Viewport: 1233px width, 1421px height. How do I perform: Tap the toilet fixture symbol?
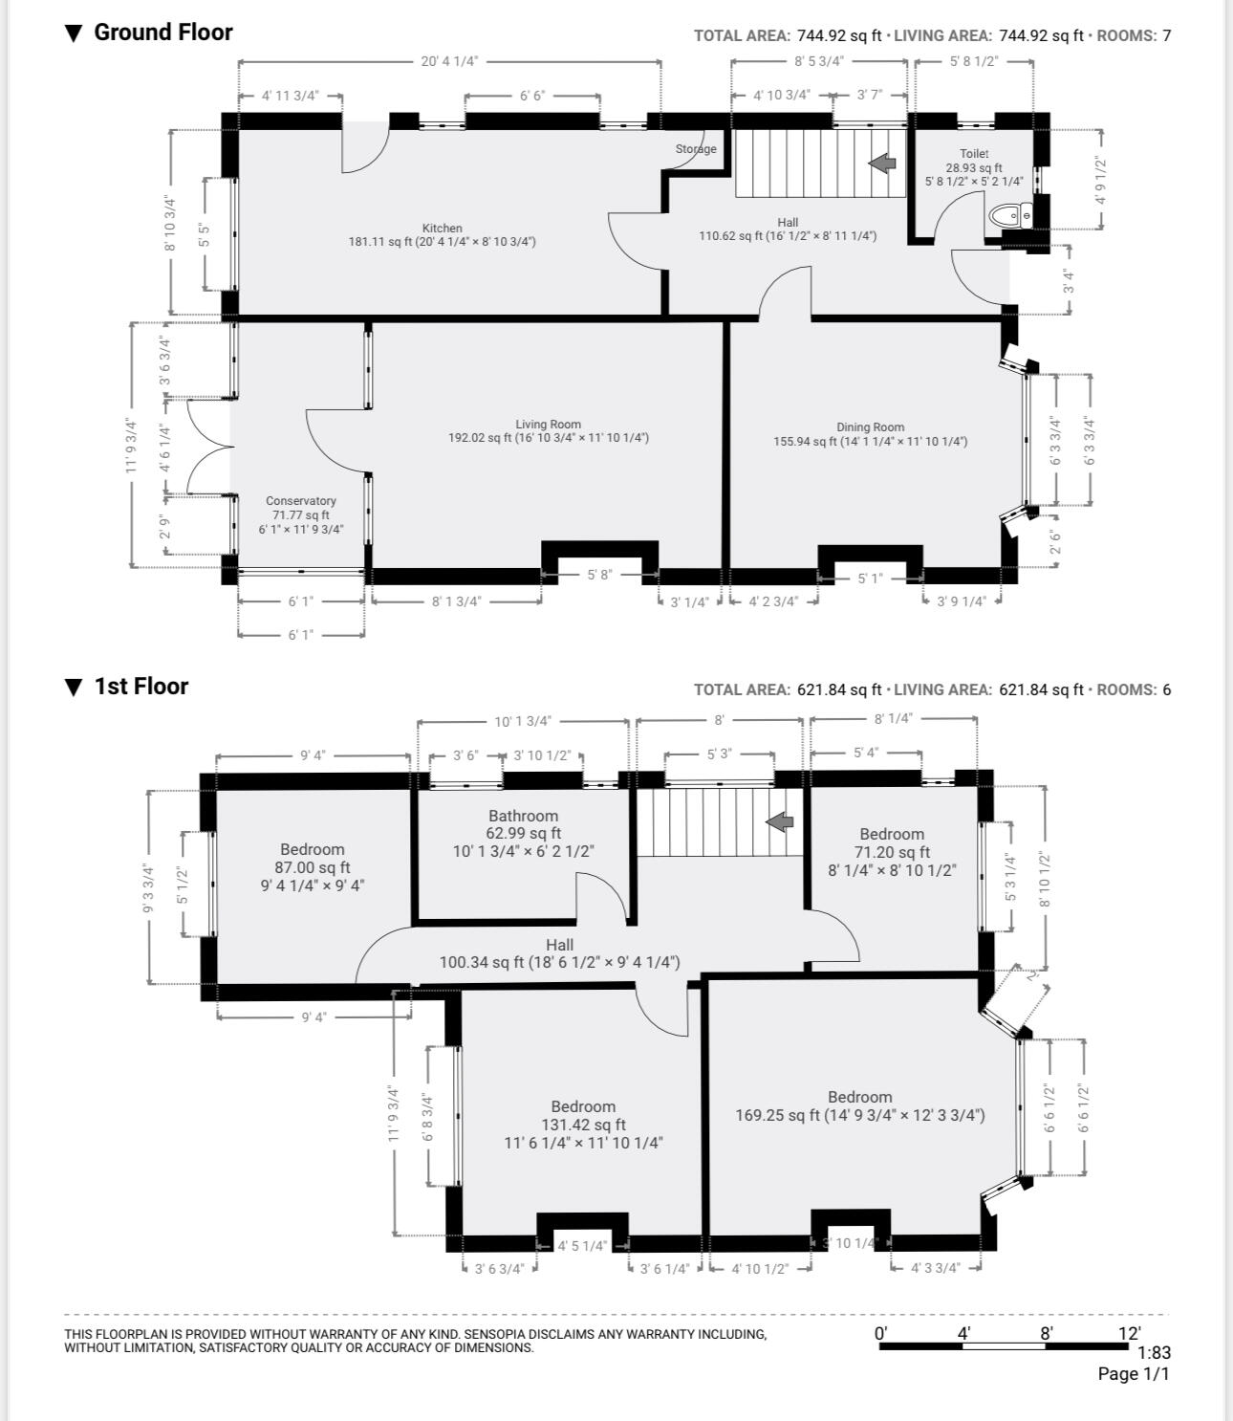(x=1010, y=216)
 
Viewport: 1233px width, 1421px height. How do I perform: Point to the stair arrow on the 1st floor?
(x=780, y=821)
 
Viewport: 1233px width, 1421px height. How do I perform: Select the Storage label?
(x=696, y=148)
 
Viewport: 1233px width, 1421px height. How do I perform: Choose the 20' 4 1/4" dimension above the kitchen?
(x=449, y=61)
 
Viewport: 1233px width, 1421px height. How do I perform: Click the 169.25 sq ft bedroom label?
(x=860, y=1105)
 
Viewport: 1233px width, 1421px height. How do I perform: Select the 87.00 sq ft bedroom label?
(x=313, y=866)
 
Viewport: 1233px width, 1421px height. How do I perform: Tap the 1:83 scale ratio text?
(x=1155, y=1352)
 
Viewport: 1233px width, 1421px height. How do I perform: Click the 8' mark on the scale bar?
(x=1047, y=1333)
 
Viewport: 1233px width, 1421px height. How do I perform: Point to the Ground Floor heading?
(x=163, y=32)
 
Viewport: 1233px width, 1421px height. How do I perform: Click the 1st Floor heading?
(x=141, y=687)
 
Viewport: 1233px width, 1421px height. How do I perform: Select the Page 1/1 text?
(x=1134, y=1374)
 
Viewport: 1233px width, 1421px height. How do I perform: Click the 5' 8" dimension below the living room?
(x=599, y=575)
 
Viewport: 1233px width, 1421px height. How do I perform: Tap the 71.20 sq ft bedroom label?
(x=892, y=851)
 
